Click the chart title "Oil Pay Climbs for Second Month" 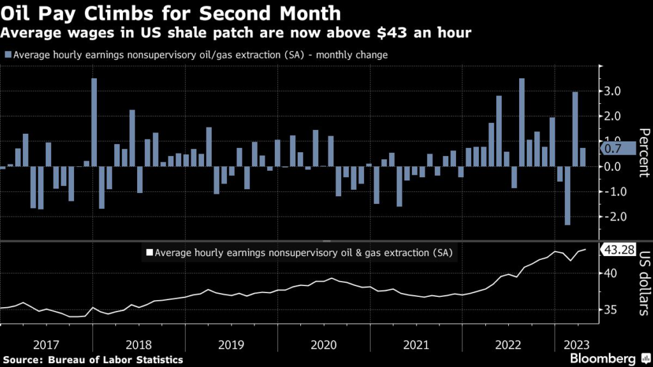tap(171, 12)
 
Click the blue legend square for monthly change tap(7, 55)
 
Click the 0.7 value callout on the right tap(616, 149)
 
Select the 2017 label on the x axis tap(47, 345)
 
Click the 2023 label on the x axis tap(576, 345)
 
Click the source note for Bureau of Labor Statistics tap(92, 360)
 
